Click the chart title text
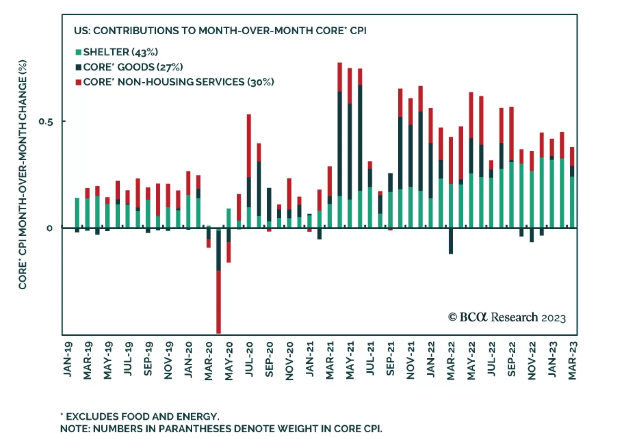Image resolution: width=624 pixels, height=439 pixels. click(220, 31)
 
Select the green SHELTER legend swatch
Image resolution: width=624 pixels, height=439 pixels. click(78, 52)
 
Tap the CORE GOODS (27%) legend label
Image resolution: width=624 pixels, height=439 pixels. click(133, 67)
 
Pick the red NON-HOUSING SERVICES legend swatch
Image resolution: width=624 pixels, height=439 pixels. click(78, 82)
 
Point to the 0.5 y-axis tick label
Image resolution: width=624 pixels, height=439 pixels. click(46, 122)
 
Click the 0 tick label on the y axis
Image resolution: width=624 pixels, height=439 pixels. click(50, 228)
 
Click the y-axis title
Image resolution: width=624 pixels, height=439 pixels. click(23, 174)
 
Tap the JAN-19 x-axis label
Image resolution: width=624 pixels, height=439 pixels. click(68, 359)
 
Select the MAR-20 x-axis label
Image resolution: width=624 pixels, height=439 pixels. click(209, 361)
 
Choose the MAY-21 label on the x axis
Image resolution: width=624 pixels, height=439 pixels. click(350, 360)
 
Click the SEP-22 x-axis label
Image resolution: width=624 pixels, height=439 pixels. click(511, 359)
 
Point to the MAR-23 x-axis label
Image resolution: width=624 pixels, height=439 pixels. click(572, 361)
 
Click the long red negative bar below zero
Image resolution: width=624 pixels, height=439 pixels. click(218, 302)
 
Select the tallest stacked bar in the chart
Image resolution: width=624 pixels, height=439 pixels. click(340, 144)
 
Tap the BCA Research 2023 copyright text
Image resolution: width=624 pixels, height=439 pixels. click(507, 318)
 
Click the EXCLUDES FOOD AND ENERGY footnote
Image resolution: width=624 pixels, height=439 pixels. click(140, 416)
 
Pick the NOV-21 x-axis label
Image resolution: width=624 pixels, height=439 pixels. click(411, 360)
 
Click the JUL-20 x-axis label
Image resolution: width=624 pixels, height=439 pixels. click(249, 359)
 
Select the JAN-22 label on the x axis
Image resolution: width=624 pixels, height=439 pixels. click(431, 359)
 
